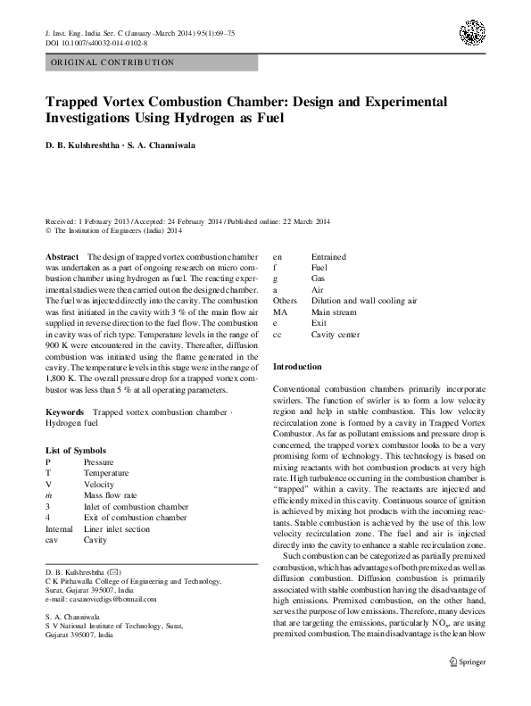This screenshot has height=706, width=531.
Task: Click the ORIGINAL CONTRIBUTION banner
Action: pyautogui.click(x=111, y=62)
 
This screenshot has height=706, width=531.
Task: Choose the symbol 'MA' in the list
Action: pyautogui.click(x=280, y=312)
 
